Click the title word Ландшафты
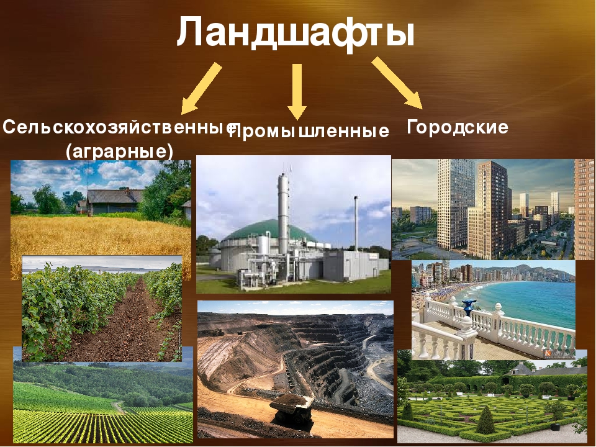296,33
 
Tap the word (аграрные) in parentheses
119,151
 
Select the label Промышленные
310,131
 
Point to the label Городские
458,127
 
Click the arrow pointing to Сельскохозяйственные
201,88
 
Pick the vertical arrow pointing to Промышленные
297,92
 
